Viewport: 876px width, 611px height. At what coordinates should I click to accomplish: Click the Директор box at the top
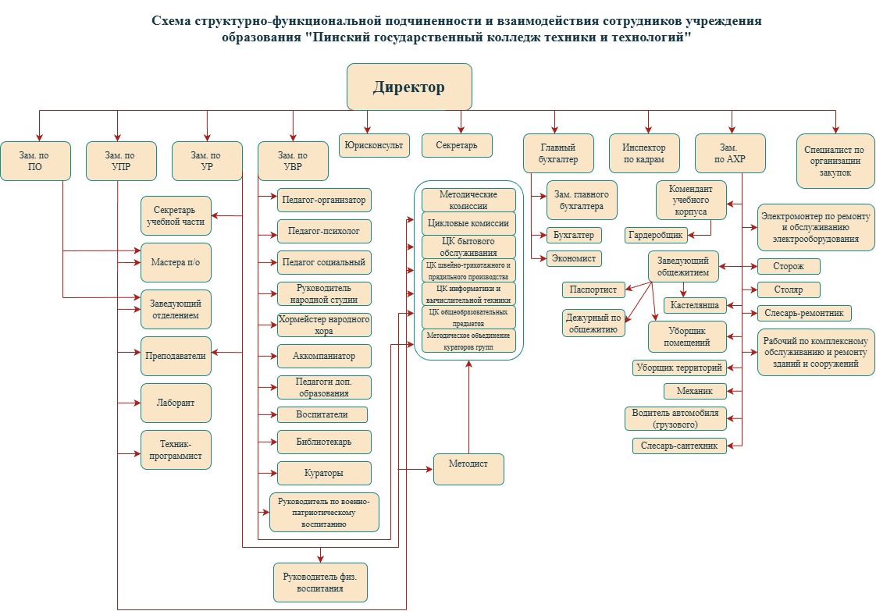[409, 87]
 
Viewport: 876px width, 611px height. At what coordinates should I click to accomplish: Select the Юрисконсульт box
[375, 145]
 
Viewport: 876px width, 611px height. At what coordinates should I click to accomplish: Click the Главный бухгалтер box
[558, 153]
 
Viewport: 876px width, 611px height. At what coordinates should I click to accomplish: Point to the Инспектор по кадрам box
[644, 153]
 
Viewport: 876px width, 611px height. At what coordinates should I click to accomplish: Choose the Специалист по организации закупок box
[835, 161]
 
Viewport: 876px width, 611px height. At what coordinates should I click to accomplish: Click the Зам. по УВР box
[293, 161]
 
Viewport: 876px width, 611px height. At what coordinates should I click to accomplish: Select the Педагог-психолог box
[324, 232]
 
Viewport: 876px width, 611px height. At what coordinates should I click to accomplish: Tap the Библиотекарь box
[324, 442]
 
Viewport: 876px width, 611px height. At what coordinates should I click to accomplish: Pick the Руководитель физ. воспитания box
[320, 582]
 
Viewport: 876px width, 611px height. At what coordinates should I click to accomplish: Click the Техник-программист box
[176, 449]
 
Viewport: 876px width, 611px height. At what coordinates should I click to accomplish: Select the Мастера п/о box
[176, 262]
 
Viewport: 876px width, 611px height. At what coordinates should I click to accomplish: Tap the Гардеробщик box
[656, 235]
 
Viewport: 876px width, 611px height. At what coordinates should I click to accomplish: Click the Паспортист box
[593, 290]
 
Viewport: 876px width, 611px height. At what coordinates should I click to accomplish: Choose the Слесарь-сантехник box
[679, 446]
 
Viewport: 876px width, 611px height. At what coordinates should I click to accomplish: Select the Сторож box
[789, 267]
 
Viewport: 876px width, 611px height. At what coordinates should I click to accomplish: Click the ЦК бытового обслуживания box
[468, 247]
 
